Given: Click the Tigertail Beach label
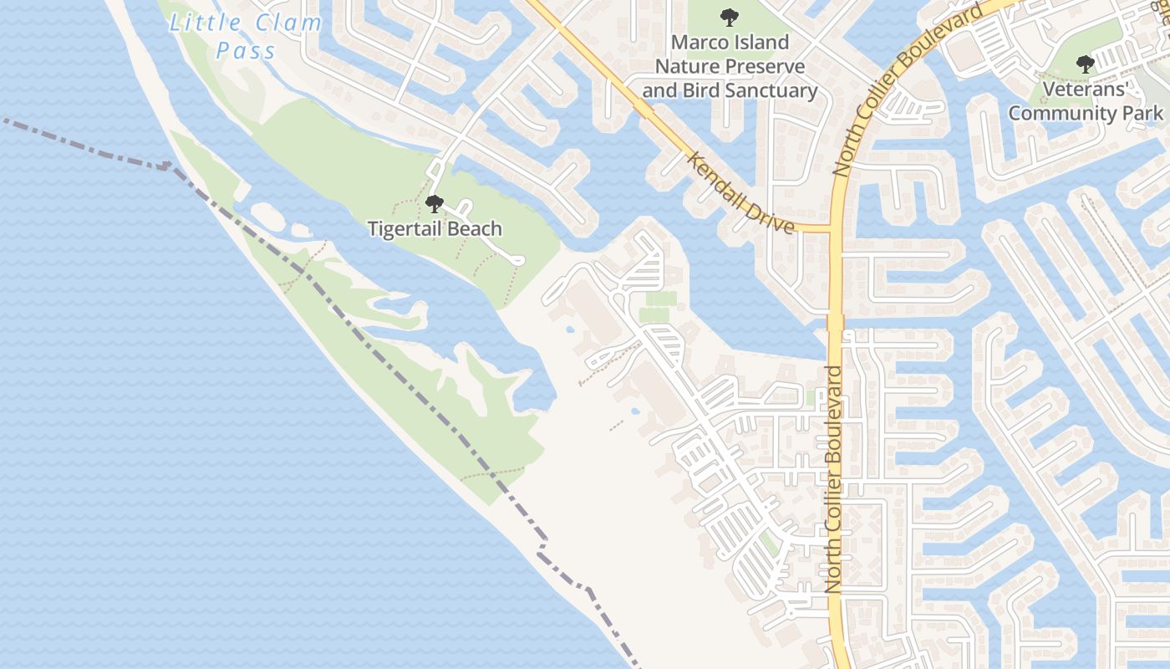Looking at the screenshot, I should click(435, 228).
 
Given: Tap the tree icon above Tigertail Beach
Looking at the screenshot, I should click(434, 203).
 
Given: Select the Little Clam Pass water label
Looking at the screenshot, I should click(246, 36).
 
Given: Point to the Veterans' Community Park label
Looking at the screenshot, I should click(1086, 100).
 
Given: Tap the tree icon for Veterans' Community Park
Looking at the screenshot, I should click(1085, 64).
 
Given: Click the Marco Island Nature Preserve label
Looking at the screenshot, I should click(730, 66).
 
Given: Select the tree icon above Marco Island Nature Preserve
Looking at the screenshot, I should click(730, 16).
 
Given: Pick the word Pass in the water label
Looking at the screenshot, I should click(246, 51).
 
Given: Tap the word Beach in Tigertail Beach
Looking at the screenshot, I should click(474, 228).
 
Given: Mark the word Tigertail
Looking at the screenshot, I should click(404, 228).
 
